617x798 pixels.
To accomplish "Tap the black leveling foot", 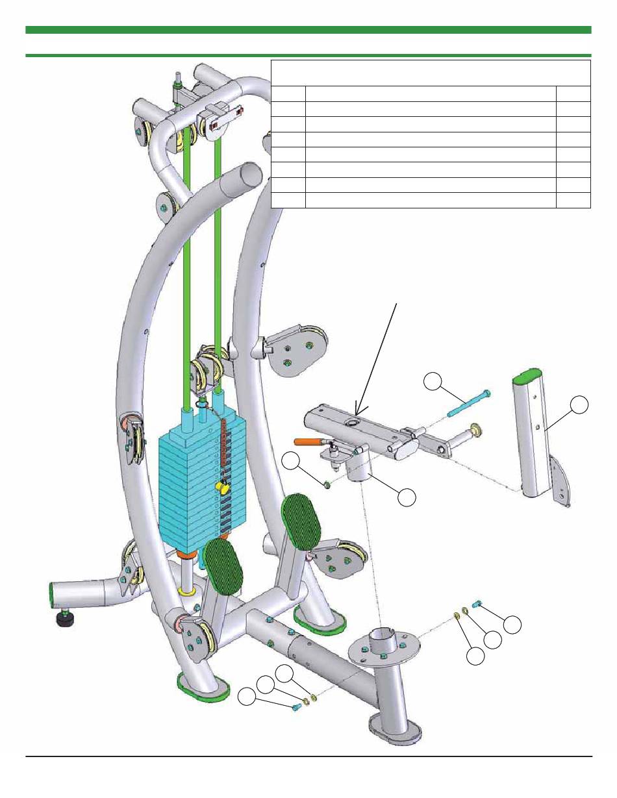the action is point(65,618).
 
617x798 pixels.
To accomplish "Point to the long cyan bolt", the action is point(467,405).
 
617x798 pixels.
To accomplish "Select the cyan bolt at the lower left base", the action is point(298,706).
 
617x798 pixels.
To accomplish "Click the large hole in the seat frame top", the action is point(355,423).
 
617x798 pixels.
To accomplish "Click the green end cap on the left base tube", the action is point(52,592).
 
